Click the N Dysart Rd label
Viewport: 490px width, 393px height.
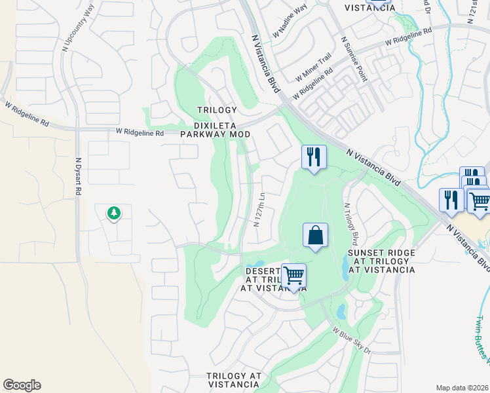[78, 176]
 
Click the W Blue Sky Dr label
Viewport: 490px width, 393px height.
[351, 341]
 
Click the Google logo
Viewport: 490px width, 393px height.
[22, 385]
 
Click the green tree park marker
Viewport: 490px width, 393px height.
[114, 213]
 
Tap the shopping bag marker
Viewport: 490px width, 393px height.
[315, 236]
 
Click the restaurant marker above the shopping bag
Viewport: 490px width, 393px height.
[314, 157]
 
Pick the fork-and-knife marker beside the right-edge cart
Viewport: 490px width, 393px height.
[451, 200]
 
